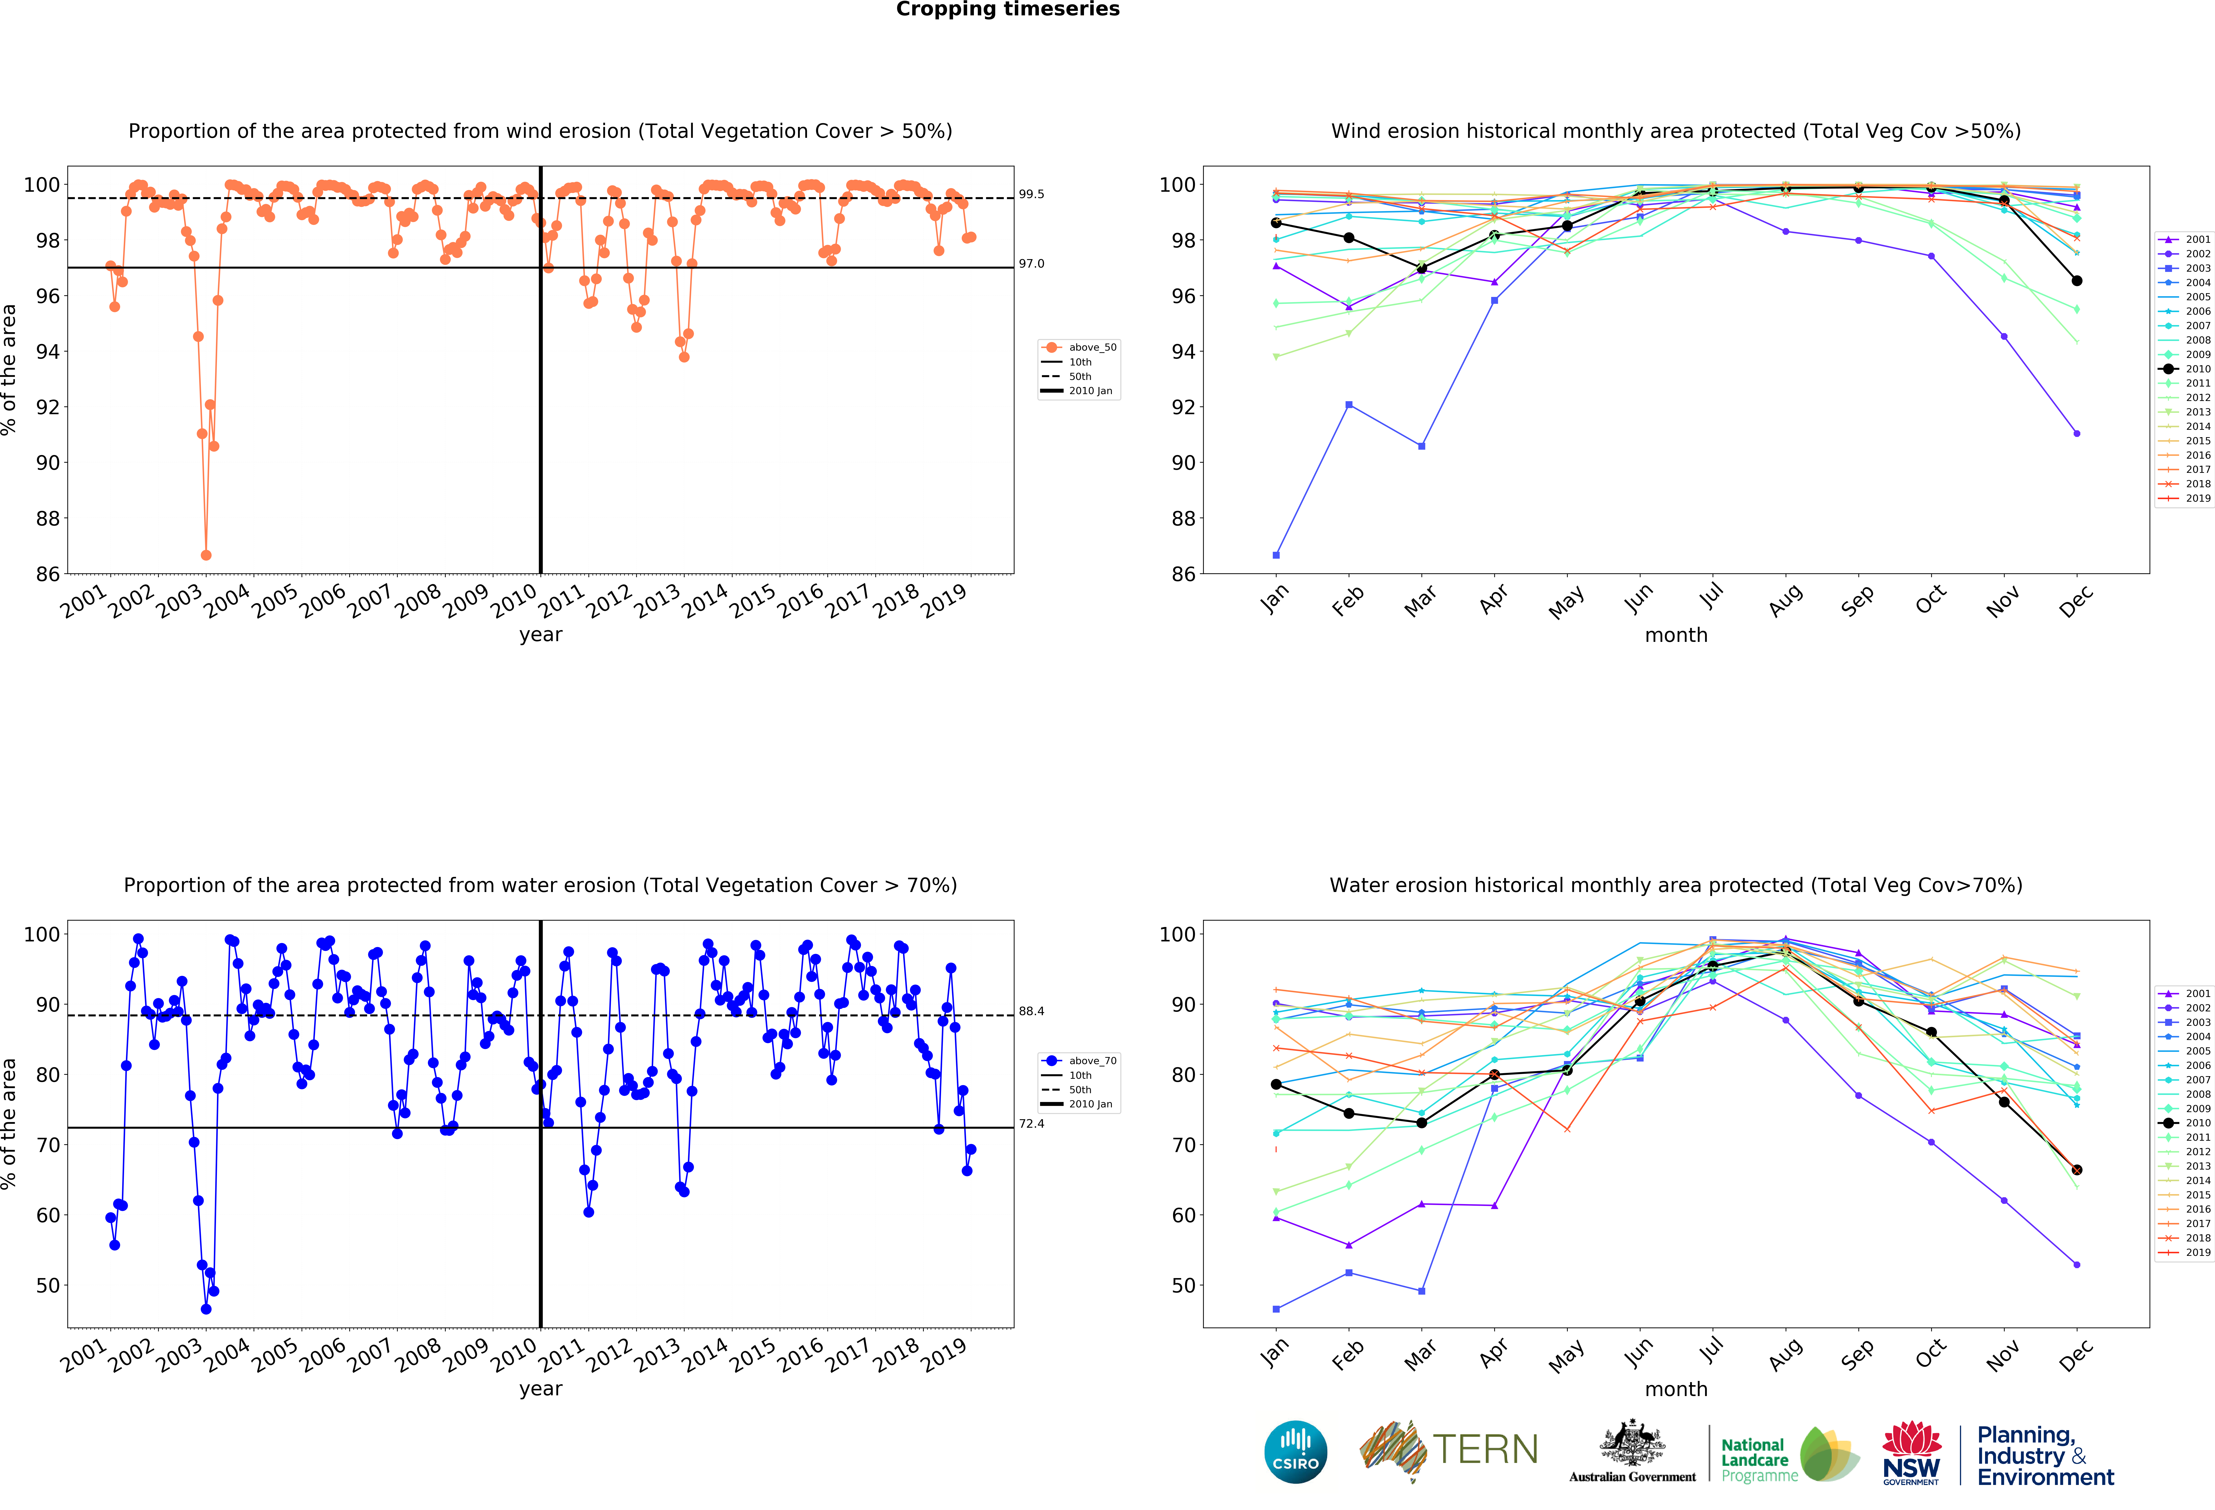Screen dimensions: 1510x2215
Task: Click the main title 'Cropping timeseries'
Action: click(1007, 9)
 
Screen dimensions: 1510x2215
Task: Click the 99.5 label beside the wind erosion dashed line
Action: click(1031, 195)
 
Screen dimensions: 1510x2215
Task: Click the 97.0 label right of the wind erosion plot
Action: click(1031, 264)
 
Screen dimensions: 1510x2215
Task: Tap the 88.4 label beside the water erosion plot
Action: click(1031, 1011)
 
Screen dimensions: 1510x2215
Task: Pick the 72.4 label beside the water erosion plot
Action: click(1031, 1124)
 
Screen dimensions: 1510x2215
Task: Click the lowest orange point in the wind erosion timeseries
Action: click(206, 555)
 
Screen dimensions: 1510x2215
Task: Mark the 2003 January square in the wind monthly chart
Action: click(1276, 555)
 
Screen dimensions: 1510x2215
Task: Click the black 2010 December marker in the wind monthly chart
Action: click(2077, 281)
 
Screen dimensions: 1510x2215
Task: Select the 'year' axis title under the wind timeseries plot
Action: click(540, 635)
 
